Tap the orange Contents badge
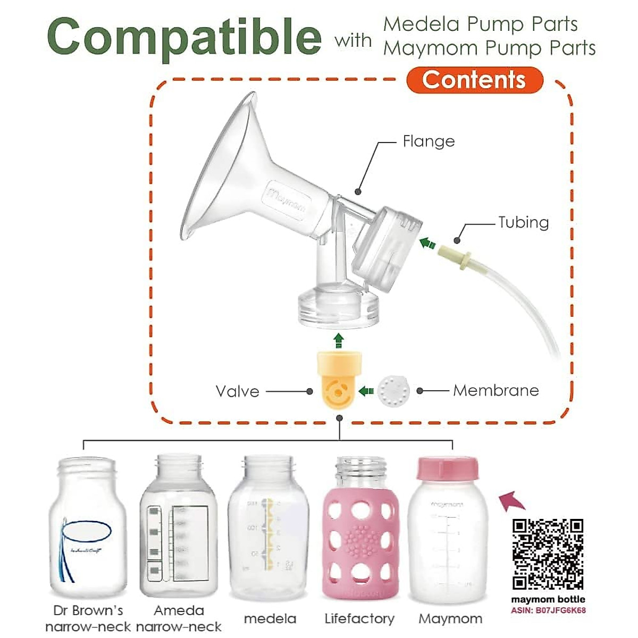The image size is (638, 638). click(x=474, y=80)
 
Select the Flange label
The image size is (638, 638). click(x=429, y=141)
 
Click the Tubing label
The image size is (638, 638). click(x=523, y=222)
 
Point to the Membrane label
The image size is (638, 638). click(x=496, y=391)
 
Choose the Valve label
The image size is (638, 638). click(x=238, y=392)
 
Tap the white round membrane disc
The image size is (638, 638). click(x=393, y=391)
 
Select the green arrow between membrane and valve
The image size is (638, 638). click(x=366, y=391)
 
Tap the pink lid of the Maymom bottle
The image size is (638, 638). click(x=447, y=468)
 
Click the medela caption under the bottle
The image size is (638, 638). click(x=270, y=619)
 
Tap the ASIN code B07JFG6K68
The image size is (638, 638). click(x=548, y=610)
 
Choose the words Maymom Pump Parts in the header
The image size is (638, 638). click(x=489, y=48)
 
